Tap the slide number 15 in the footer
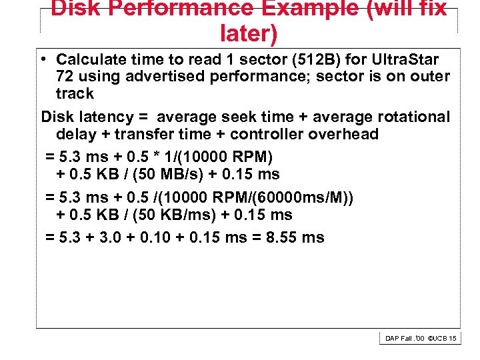(453, 339)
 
